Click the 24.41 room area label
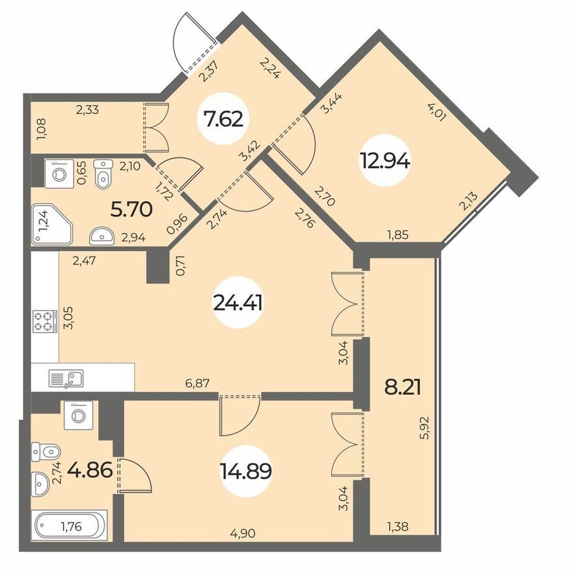(238, 303)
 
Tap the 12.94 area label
(385, 161)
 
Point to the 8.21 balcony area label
(402, 387)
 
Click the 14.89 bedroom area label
(245, 471)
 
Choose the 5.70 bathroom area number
(131, 210)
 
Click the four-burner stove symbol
(45, 321)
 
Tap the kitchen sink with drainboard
(66, 378)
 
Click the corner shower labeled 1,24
(52, 223)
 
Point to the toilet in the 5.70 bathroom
(102, 174)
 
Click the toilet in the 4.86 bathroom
(46, 452)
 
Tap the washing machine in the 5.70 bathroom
(59, 174)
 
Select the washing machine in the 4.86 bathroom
(78, 415)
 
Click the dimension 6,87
(197, 384)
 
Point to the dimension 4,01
(437, 112)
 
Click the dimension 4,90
(243, 533)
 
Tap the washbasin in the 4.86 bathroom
(40, 484)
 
